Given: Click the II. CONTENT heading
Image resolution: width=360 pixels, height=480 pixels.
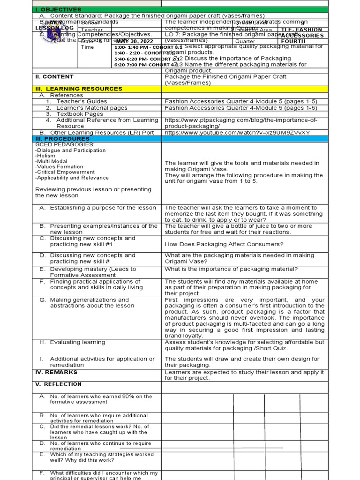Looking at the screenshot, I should (x=54, y=76).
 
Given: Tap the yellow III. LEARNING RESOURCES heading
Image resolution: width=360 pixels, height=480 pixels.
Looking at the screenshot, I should (x=79, y=89).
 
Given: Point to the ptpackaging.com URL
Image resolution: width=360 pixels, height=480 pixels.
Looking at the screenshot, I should (x=241, y=123).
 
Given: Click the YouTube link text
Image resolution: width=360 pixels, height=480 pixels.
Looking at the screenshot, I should (x=237, y=133).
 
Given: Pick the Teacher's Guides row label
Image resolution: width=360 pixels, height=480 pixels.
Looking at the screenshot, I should (x=82, y=101).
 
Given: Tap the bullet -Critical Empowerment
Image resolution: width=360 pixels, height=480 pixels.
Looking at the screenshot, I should (x=65, y=172).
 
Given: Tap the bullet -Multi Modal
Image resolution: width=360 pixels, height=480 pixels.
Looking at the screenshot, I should (x=51, y=161).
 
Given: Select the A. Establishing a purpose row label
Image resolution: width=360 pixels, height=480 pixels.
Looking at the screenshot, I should (x=103, y=208).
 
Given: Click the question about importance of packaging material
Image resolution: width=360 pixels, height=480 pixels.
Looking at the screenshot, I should (x=231, y=269).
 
